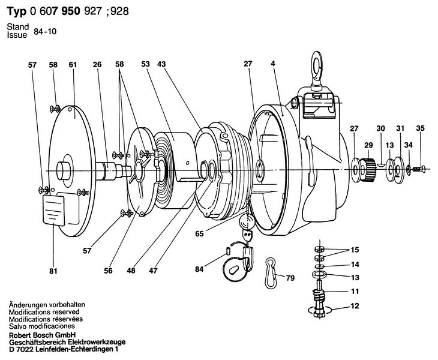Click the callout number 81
53,271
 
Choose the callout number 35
420,128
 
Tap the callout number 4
272,64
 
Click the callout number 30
380,128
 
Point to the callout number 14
356,265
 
